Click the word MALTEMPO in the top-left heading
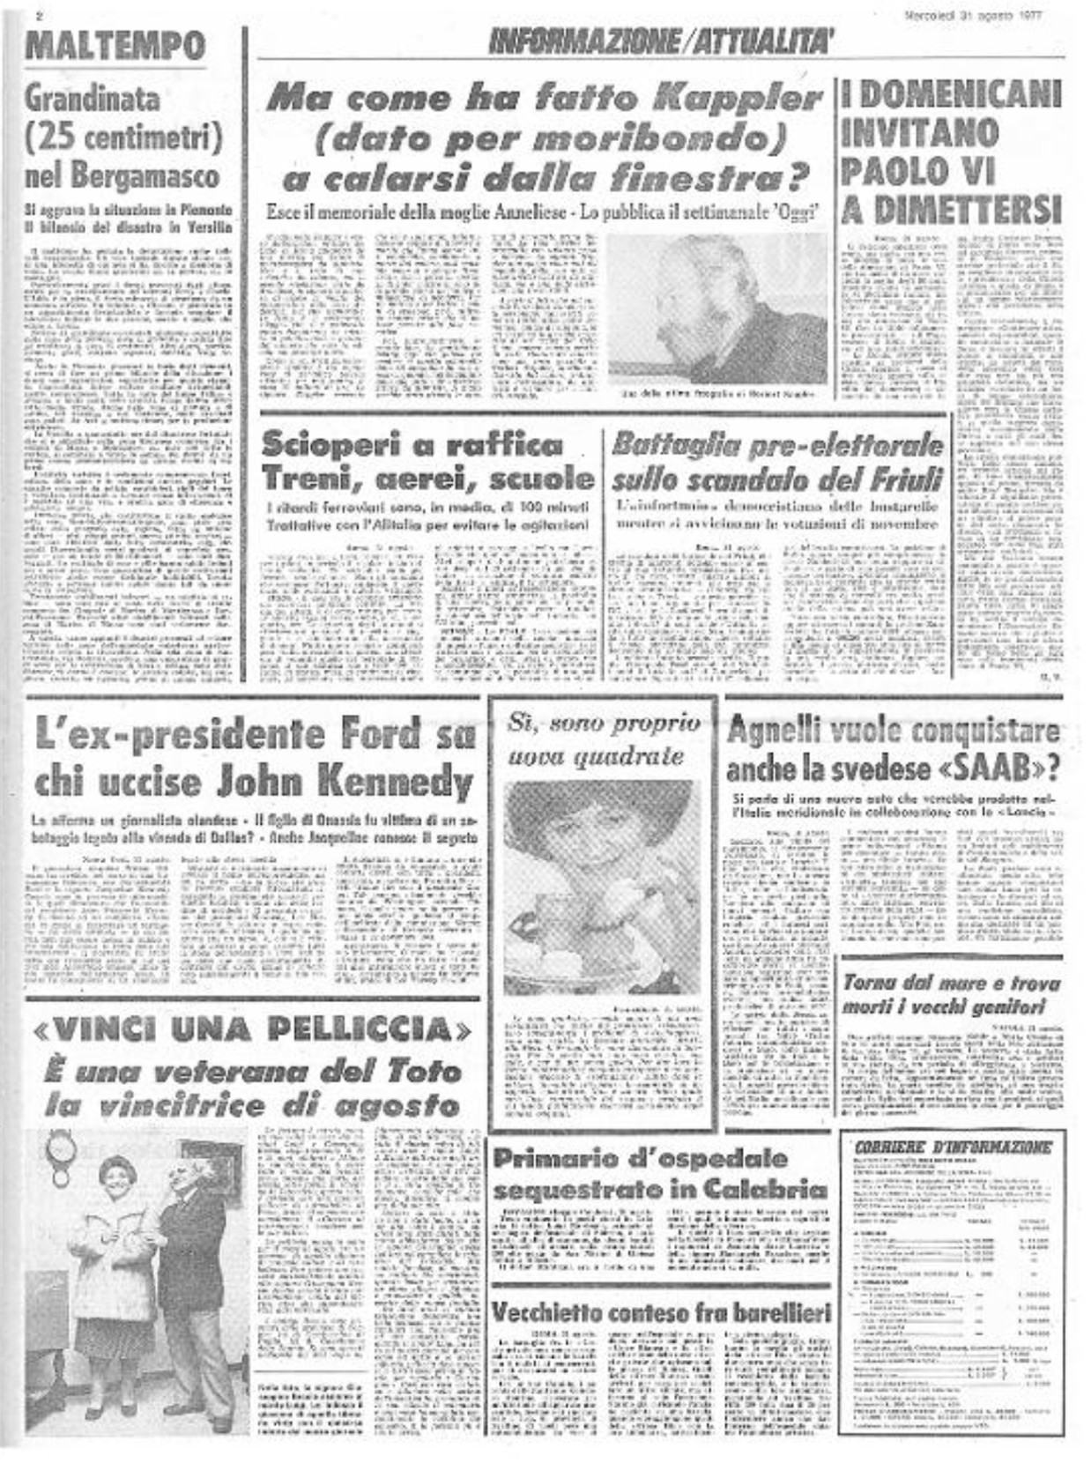click(115, 45)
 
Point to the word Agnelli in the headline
click(781, 731)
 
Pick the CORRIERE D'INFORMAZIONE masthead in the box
click(953, 1147)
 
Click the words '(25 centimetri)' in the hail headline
click(122, 137)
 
